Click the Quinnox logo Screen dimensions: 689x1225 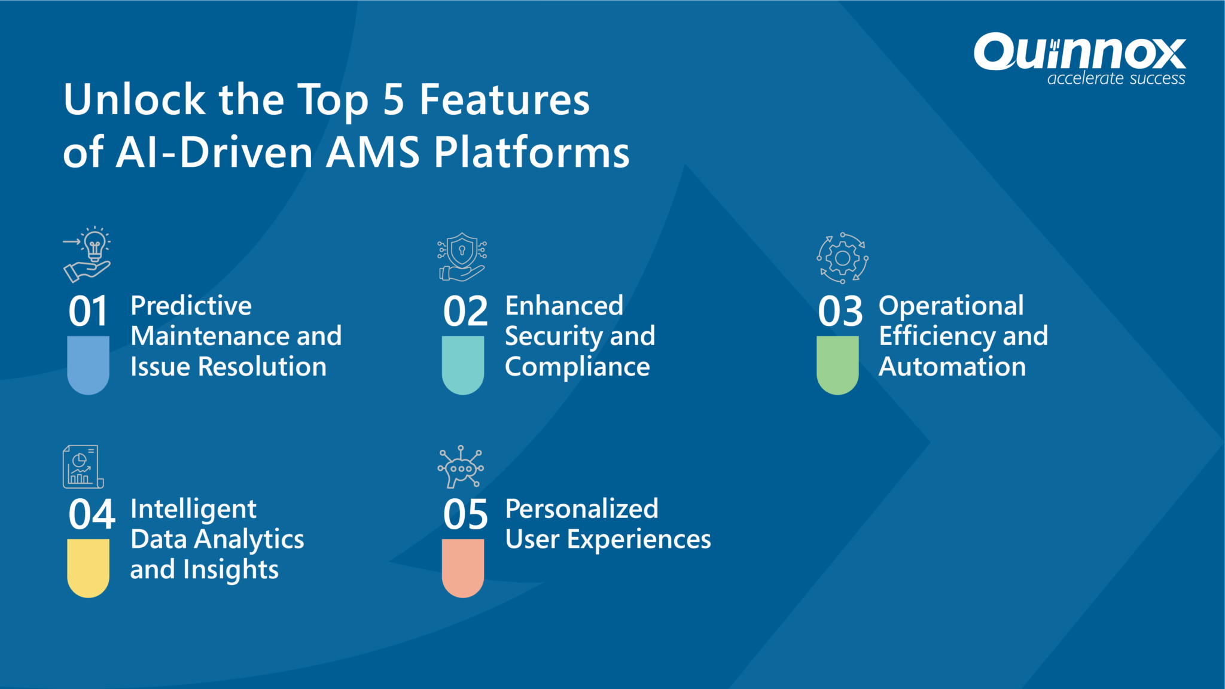tap(1079, 53)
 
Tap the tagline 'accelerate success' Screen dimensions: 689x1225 tap(1116, 79)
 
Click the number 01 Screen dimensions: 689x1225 tap(88, 312)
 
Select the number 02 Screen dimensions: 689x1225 tap(465, 312)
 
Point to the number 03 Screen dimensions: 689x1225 tap(840, 312)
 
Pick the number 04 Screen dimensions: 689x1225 tap(91, 514)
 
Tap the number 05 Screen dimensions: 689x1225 tap(465, 514)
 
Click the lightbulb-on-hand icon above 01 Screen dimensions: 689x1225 tap(87, 255)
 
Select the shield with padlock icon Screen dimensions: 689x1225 tap(462, 257)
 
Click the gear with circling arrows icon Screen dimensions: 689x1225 tap(842, 258)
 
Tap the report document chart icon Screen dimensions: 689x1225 tap(83, 467)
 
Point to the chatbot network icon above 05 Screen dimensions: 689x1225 tap(461, 467)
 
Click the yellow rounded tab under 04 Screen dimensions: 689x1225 tap(88, 567)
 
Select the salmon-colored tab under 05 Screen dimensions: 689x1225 tap(462, 567)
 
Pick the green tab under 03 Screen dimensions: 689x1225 tap(837, 364)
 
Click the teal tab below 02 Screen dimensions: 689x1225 tap(462, 364)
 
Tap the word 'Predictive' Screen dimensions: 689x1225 tap(191, 306)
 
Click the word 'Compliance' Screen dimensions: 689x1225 tap(577, 367)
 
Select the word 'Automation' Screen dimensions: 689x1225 tap(952, 367)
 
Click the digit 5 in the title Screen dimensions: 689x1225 tap(394, 100)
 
